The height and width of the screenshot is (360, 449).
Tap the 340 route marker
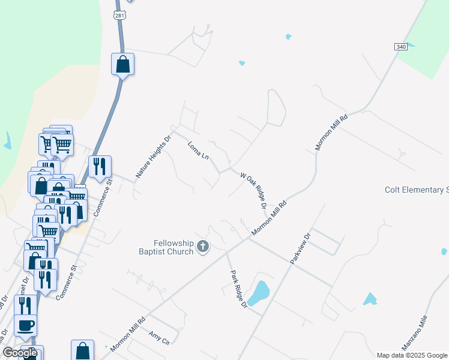click(401, 47)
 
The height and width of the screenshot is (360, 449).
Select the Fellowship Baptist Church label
click(174, 247)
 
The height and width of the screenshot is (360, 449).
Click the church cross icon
click(203, 246)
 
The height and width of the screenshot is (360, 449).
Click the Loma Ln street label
click(198, 151)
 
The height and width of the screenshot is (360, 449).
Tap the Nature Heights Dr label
click(153, 157)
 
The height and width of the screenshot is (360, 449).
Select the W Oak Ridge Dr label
click(253, 191)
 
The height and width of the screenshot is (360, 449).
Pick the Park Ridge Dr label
click(239, 289)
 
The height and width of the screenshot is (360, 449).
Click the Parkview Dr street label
click(298, 247)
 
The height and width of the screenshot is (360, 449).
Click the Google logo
click(20, 353)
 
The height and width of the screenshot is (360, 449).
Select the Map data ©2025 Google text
click(412, 355)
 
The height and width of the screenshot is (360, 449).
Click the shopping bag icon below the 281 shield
click(122, 64)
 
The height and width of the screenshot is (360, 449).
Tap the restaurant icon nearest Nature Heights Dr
click(100, 167)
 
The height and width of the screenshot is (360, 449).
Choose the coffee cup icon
click(26, 326)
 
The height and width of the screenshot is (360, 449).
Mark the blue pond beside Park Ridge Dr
click(259, 292)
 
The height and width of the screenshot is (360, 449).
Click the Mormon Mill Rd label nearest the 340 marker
click(331, 133)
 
